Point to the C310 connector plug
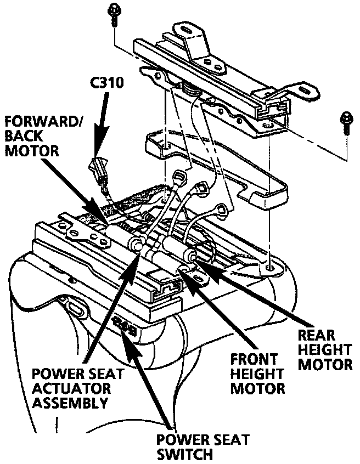click(x=97, y=166)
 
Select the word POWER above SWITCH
click(x=178, y=440)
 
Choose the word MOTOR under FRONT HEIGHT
click(x=258, y=389)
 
